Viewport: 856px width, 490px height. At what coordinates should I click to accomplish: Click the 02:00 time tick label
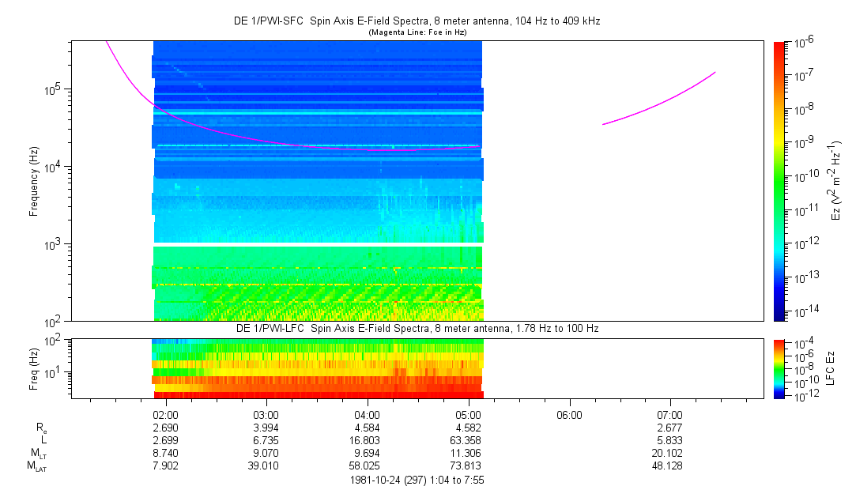click(x=165, y=415)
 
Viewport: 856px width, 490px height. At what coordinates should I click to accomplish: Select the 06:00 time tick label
click(x=569, y=415)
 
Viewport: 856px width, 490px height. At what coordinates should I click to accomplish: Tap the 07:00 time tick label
click(x=670, y=415)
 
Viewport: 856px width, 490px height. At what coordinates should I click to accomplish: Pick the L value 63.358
click(x=468, y=439)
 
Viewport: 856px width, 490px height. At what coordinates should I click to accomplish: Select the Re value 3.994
click(x=266, y=428)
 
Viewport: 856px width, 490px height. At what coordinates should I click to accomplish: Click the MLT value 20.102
click(x=670, y=453)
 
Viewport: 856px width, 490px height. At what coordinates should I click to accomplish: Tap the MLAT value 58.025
click(x=368, y=465)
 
